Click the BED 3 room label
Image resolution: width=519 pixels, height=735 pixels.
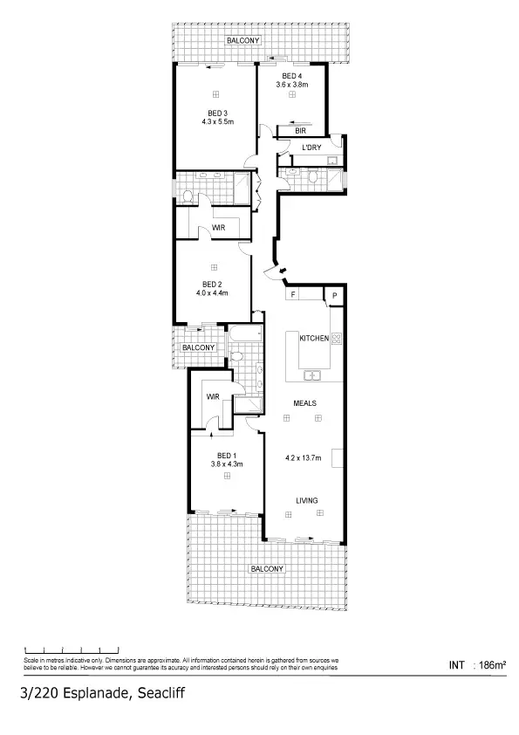(x=217, y=113)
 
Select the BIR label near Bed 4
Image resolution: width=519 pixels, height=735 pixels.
(x=300, y=130)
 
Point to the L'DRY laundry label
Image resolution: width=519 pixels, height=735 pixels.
(x=311, y=148)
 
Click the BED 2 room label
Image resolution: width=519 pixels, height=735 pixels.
(x=212, y=285)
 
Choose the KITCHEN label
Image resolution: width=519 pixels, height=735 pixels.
(x=313, y=338)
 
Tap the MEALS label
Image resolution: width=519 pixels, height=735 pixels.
(x=304, y=403)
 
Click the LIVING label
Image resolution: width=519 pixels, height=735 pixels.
(x=305, y=500)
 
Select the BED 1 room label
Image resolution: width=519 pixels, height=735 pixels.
(x=226, y=456)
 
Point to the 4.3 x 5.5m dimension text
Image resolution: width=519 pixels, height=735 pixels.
(x=217, y=122)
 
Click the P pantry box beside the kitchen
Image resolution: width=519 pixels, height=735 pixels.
(x=334, y=297)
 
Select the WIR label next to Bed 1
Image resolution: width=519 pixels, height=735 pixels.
(x=212, y=396)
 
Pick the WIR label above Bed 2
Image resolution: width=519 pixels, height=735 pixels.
(x=219, y=228)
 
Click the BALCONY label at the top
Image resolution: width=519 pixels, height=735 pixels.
(x=242, y=41)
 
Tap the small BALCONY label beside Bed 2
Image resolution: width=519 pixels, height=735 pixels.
(x=198, y=347)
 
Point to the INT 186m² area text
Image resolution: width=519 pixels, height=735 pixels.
(x=476, y=665)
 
